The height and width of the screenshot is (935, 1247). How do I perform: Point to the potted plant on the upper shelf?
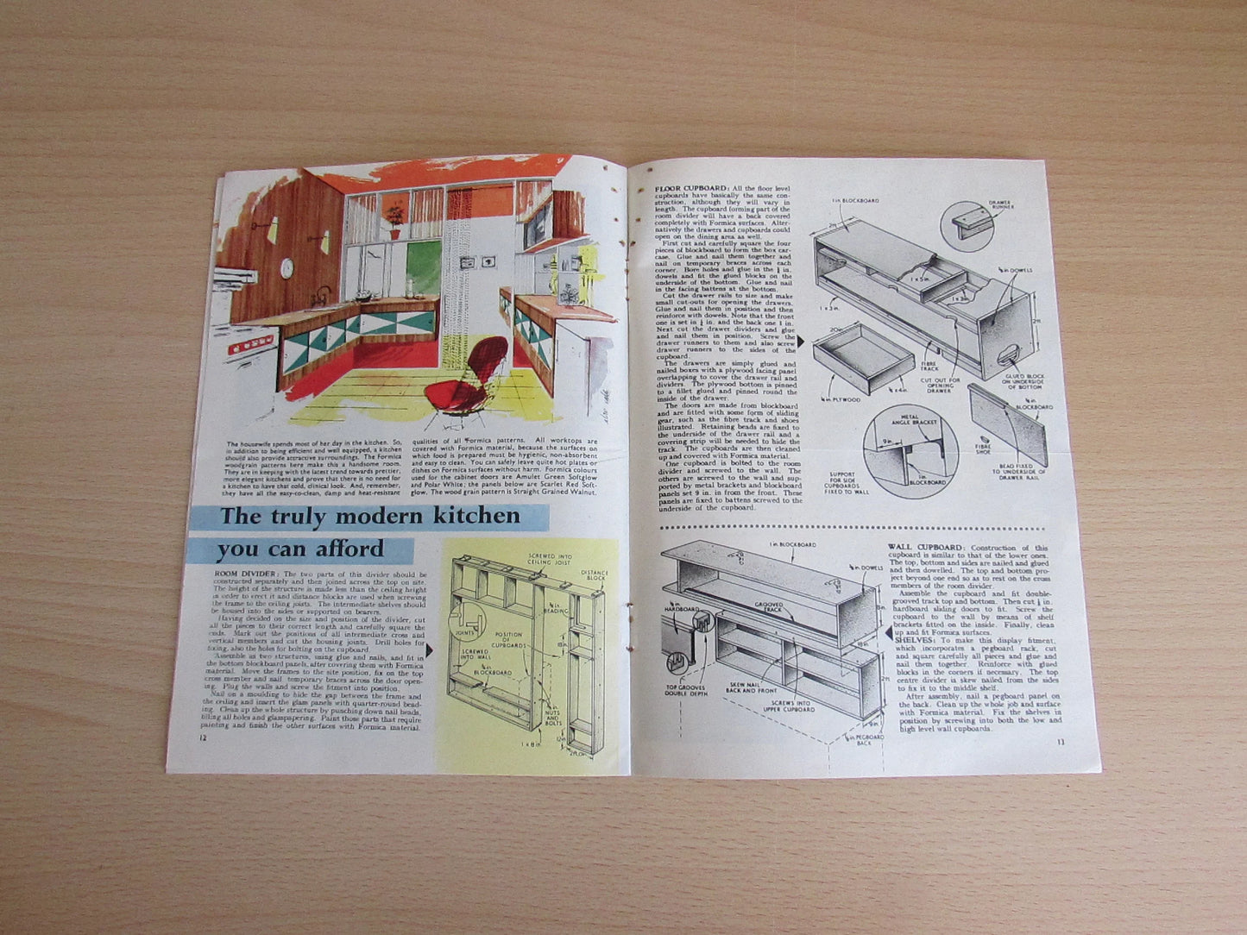pyautogui.click(x=395, y=220)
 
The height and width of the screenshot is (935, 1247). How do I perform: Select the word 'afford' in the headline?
pyautogui.click(x=342, y=549)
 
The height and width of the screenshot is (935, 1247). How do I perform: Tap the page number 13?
pyautogui.click(x=1060, y=741)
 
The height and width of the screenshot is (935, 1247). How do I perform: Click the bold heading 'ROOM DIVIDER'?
pyautogui.click(x=246, y=573)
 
